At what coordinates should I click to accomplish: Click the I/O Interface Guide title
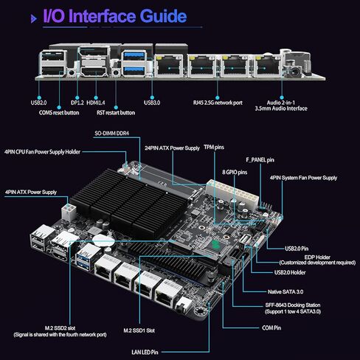click(115, 16)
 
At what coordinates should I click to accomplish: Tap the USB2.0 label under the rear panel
click(38, 103)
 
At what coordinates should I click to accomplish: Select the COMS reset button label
click(59, 113)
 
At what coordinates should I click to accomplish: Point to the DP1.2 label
click(77, 103)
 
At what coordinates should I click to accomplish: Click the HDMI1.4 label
click(96, 103)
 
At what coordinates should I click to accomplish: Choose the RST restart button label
click(116, 113)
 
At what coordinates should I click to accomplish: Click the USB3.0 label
click(152, 103)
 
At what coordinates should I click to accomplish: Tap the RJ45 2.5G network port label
click(218, 103)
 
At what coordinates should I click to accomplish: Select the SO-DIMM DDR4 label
click(112, 134)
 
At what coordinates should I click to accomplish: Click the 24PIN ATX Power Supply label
click(172, 148)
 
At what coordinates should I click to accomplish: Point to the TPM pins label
click(214, 147)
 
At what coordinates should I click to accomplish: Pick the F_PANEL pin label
click(260, 160)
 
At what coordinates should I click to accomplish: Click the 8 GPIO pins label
click(235, 172)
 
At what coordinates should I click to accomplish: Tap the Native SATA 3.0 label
click(285, 292)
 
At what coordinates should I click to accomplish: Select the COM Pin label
click(271, 328)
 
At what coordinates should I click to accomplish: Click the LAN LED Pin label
click(145, 352)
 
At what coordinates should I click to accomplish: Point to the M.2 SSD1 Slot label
click(139, 330)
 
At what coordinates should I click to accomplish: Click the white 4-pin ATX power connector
click(69, 212)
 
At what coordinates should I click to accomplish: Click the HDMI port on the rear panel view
click(94, 72)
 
